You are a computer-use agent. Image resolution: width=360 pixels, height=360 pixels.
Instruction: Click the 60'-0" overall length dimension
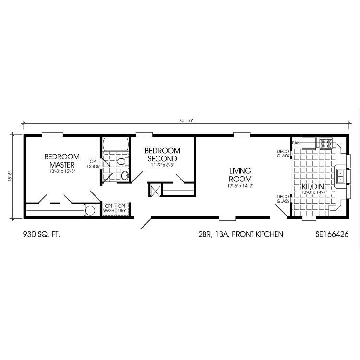(186, 121)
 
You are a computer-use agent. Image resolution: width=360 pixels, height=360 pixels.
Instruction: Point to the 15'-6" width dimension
(10, 177)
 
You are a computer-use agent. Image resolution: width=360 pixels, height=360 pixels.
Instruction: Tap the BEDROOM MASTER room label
(62, 161)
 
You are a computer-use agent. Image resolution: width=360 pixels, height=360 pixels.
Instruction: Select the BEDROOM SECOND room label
(162, 155)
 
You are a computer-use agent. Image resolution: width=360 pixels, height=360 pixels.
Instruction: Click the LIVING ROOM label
(240, 175)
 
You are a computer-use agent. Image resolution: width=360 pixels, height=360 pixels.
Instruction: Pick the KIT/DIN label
(312, 187)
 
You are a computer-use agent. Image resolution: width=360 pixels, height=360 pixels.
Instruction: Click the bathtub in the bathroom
(116, 144)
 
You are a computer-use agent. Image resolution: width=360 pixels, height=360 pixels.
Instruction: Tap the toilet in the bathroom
(122, 161)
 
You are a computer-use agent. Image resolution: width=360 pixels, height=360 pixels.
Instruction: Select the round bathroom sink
(125, 176)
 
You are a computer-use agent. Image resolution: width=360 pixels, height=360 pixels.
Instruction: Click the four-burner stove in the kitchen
(326, 144)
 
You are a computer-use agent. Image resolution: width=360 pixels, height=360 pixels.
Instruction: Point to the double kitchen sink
(340, 176)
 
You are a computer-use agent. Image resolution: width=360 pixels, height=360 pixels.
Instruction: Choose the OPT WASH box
(109, 209)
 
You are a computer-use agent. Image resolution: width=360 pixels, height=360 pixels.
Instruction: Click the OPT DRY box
(122, 209)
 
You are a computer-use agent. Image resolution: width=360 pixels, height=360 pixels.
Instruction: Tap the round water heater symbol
(90, 211)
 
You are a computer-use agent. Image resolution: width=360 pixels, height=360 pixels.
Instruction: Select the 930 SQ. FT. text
(41, 234)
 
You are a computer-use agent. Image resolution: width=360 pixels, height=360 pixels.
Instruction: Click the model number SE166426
(332, 234)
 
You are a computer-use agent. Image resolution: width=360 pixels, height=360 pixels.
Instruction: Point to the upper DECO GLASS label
(283, 154)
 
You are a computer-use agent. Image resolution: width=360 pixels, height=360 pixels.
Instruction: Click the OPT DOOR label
(94, 164)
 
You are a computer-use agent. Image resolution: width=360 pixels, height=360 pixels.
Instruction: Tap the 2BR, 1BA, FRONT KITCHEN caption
(241, 234)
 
